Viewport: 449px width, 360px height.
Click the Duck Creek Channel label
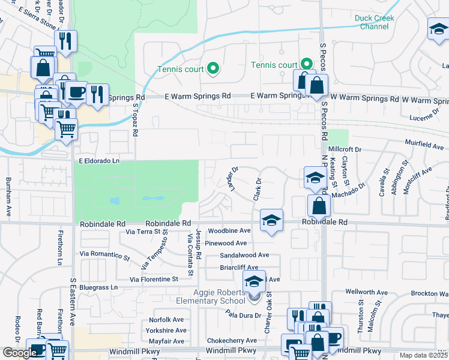click(x=375, y=22)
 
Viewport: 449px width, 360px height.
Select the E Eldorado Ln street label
click(x=99, y=161)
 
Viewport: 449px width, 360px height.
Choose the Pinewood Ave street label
click(x=226, y=243)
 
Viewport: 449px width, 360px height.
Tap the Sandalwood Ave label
click(x=244, y=255)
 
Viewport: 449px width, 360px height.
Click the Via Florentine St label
click(x=154, y=280)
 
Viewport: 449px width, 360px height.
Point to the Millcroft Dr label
click(x=345, y=149)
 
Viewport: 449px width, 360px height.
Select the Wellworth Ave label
click(x=366, y=292)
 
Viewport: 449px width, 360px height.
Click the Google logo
click(x=19, y=353)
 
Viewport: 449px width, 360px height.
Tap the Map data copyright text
click(x=424, y=355)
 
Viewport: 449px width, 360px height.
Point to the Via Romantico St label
click(x=104, y=255)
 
